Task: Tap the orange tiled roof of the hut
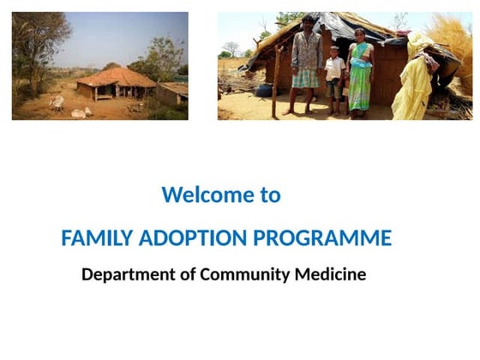pyautogui.click(x=116, y=78)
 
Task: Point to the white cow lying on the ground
pyautogui.click(x=79, y=113)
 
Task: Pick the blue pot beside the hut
pyautogui.click(x=263, y=89)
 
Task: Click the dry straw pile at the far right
pyautogui.click(x=453, y=51)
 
